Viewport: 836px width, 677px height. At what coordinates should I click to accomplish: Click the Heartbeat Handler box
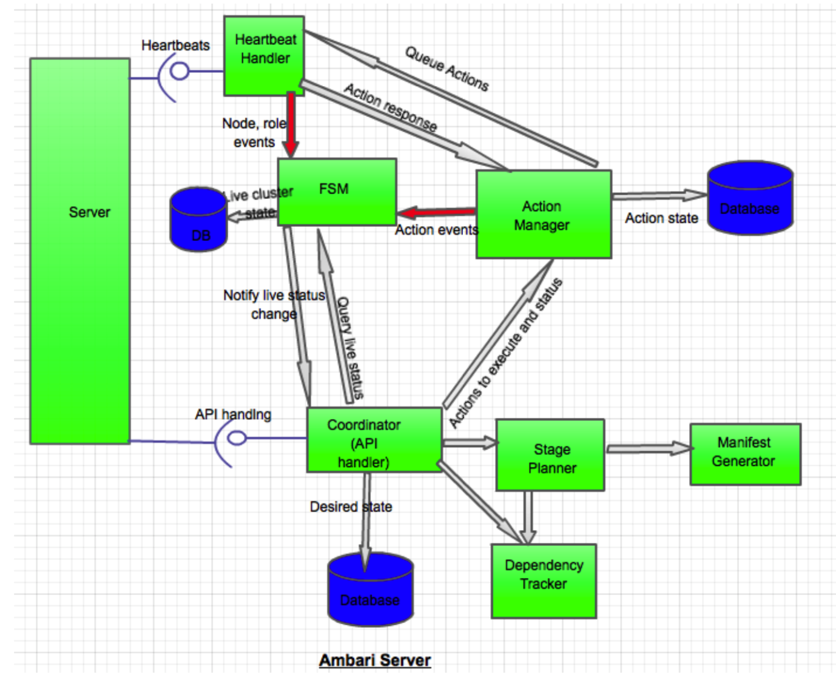click(264, 56)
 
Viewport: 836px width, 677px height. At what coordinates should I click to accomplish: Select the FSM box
click(337, 192)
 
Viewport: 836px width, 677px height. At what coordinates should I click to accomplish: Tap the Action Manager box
click(543, 214)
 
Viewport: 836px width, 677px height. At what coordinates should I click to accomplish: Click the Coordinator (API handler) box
click(374, 440)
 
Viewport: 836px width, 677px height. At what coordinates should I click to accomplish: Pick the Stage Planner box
click(550, 455)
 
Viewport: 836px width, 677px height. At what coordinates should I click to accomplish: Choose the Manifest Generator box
click(744, 454)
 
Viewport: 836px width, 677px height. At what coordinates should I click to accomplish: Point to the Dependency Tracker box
click(544, 581)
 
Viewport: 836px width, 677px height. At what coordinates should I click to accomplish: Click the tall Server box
click(80, 251)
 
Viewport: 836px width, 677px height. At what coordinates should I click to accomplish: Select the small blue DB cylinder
click(198, 220)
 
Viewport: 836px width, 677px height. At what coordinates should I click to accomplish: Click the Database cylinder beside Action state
click(750, 198)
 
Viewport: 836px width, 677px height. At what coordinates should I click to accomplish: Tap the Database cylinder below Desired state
click(370, 590)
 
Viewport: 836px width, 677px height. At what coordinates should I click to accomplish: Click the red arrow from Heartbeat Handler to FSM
click(291, 124)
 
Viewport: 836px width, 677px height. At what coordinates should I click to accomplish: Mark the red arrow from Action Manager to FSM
click(436, 212)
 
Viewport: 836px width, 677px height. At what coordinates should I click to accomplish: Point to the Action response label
click(391, 107)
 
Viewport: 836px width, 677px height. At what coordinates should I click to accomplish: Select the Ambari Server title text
click(375, 660)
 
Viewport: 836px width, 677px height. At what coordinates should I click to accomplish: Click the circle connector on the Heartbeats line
click(180, 71)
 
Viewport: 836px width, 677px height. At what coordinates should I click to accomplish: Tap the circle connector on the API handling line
click(237, 437)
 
